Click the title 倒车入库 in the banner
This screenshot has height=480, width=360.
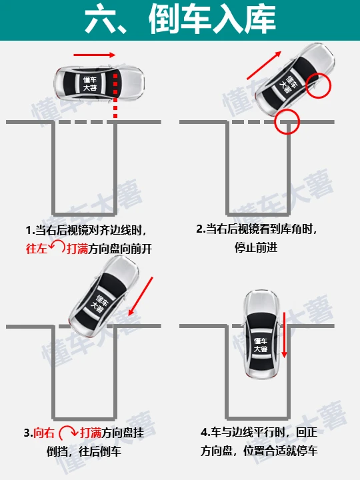[x=212, y=19]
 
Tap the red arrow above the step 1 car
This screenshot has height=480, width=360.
[x=94, y=55]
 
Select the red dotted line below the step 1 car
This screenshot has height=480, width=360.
[x=115, y=95]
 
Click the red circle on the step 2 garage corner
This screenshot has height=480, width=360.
[x=287, y=121]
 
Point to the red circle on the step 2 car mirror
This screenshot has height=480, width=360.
[x=319, y=85]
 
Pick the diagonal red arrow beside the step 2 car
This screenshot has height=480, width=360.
[x=264, y=65]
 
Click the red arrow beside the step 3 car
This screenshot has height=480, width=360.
[x=141, y=296]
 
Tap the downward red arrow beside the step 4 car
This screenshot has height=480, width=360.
[x=285, y=335]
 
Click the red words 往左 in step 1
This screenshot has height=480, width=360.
[x=37, y=248]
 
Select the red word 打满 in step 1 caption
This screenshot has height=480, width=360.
[x=77, y=248]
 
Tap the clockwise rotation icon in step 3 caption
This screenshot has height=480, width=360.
[x=68, y=431]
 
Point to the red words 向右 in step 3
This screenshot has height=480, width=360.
[x=44, y=433]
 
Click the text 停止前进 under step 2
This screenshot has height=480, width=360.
[x=256, y=247]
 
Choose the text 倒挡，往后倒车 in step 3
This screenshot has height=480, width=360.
[x=84, y=451]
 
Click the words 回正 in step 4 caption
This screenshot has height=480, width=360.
[x=307, y=432]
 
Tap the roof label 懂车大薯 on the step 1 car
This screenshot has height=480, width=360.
[x=90, y=83]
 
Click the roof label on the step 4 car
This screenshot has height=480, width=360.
[x=261, y=345]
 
